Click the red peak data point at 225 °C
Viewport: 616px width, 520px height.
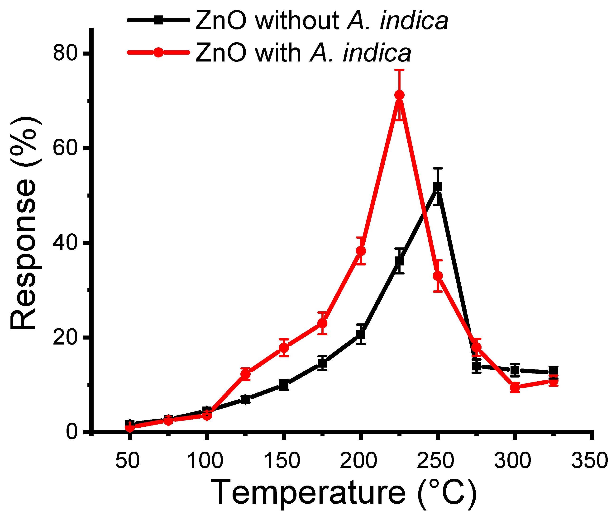(399, 95)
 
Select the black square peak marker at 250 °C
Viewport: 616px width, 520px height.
(438, 187)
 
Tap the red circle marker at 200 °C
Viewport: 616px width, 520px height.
(361, 251)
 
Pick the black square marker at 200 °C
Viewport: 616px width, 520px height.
(361, 334)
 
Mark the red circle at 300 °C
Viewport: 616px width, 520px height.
(515, 387)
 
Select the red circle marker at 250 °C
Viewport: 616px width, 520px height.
(438, 276)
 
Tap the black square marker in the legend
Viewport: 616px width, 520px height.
(159, 20)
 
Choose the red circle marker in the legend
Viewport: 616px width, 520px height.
(159, 52)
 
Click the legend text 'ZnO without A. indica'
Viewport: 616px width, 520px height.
(321, 21)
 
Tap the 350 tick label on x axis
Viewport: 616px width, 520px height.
(589, 461)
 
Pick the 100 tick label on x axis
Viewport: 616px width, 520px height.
(205, 461)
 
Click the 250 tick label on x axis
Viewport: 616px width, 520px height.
(435, 461)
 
